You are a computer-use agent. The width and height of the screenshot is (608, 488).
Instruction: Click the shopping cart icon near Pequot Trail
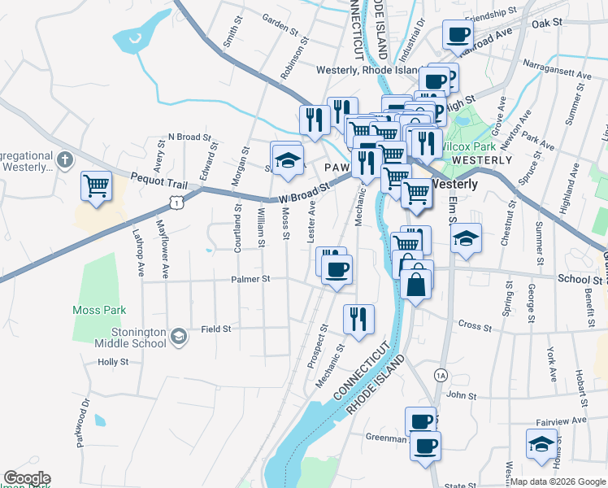tap(96, 185)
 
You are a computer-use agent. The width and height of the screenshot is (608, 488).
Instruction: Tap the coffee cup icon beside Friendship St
tap(458, 35)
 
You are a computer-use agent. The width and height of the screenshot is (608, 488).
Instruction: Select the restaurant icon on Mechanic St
tap(358, 319)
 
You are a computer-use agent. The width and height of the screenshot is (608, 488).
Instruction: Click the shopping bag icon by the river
tap(416, 285)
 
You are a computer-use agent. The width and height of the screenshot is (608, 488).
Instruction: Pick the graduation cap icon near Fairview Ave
tap(540, 444)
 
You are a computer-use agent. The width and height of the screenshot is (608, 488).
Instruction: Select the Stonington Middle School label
tap(132, 338)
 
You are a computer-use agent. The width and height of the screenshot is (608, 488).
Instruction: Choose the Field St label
tap(216, 329)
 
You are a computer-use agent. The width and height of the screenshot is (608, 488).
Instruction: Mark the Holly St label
tap(113, 362)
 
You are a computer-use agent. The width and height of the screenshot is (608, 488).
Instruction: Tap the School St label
tap(579, 279)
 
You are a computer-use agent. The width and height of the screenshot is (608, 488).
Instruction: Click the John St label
tap(461, 396)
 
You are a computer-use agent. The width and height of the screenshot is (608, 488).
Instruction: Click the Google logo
tap(27, 478)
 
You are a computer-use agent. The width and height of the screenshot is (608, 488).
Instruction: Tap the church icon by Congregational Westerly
tap(66, 158)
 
